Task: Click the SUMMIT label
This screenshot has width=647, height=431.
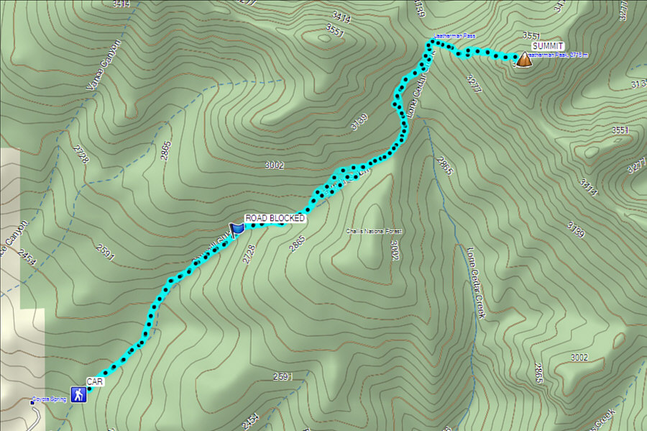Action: click(548, 46)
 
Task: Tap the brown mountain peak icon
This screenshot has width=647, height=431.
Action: click(524, 60)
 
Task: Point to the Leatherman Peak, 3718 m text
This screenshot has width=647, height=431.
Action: click(559, 55)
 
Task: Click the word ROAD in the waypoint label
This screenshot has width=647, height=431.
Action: click(257, 218)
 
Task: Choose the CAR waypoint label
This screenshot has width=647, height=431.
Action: click(95, 381)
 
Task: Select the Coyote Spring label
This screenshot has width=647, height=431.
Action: click(50, 399)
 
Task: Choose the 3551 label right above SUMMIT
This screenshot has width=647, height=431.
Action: click(531, 35)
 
